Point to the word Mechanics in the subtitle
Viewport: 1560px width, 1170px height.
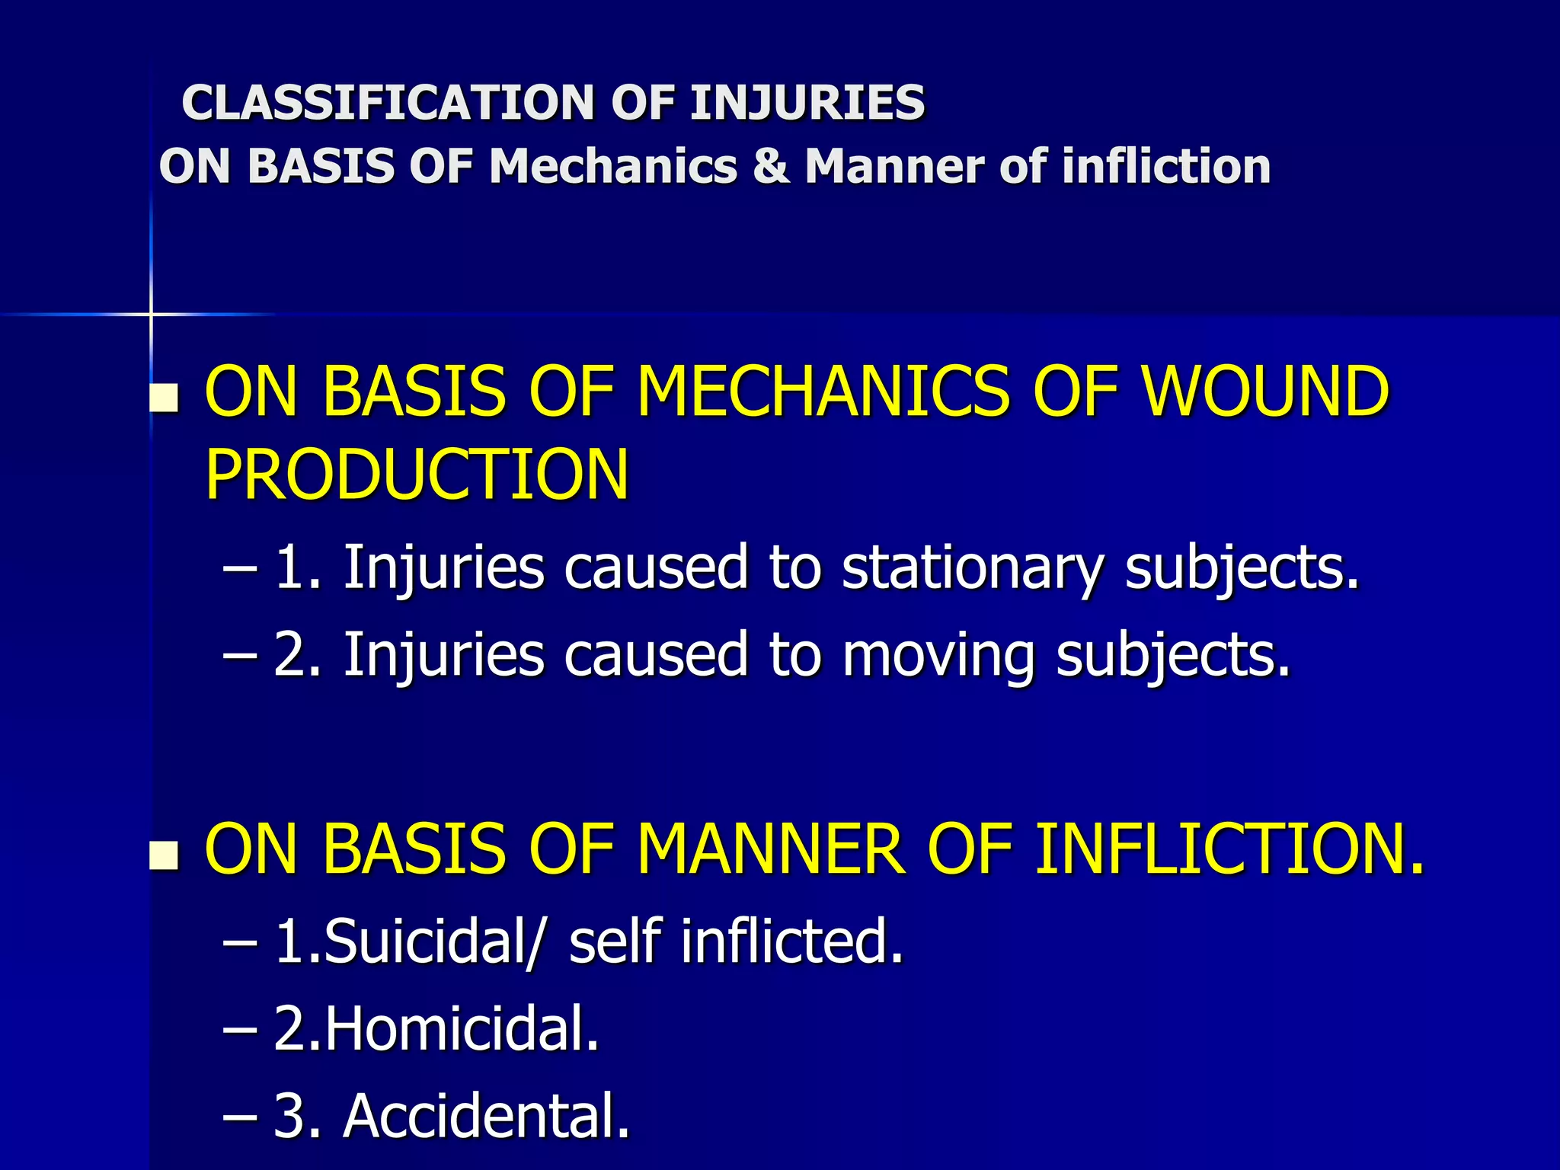[x=613, y=166]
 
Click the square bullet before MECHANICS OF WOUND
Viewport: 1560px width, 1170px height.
[x=164, y=398]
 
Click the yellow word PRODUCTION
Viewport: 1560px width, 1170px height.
[x=417, y=475]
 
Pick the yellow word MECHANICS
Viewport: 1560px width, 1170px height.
[x=823, y=392]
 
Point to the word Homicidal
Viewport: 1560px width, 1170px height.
[x=462, y=1028]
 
